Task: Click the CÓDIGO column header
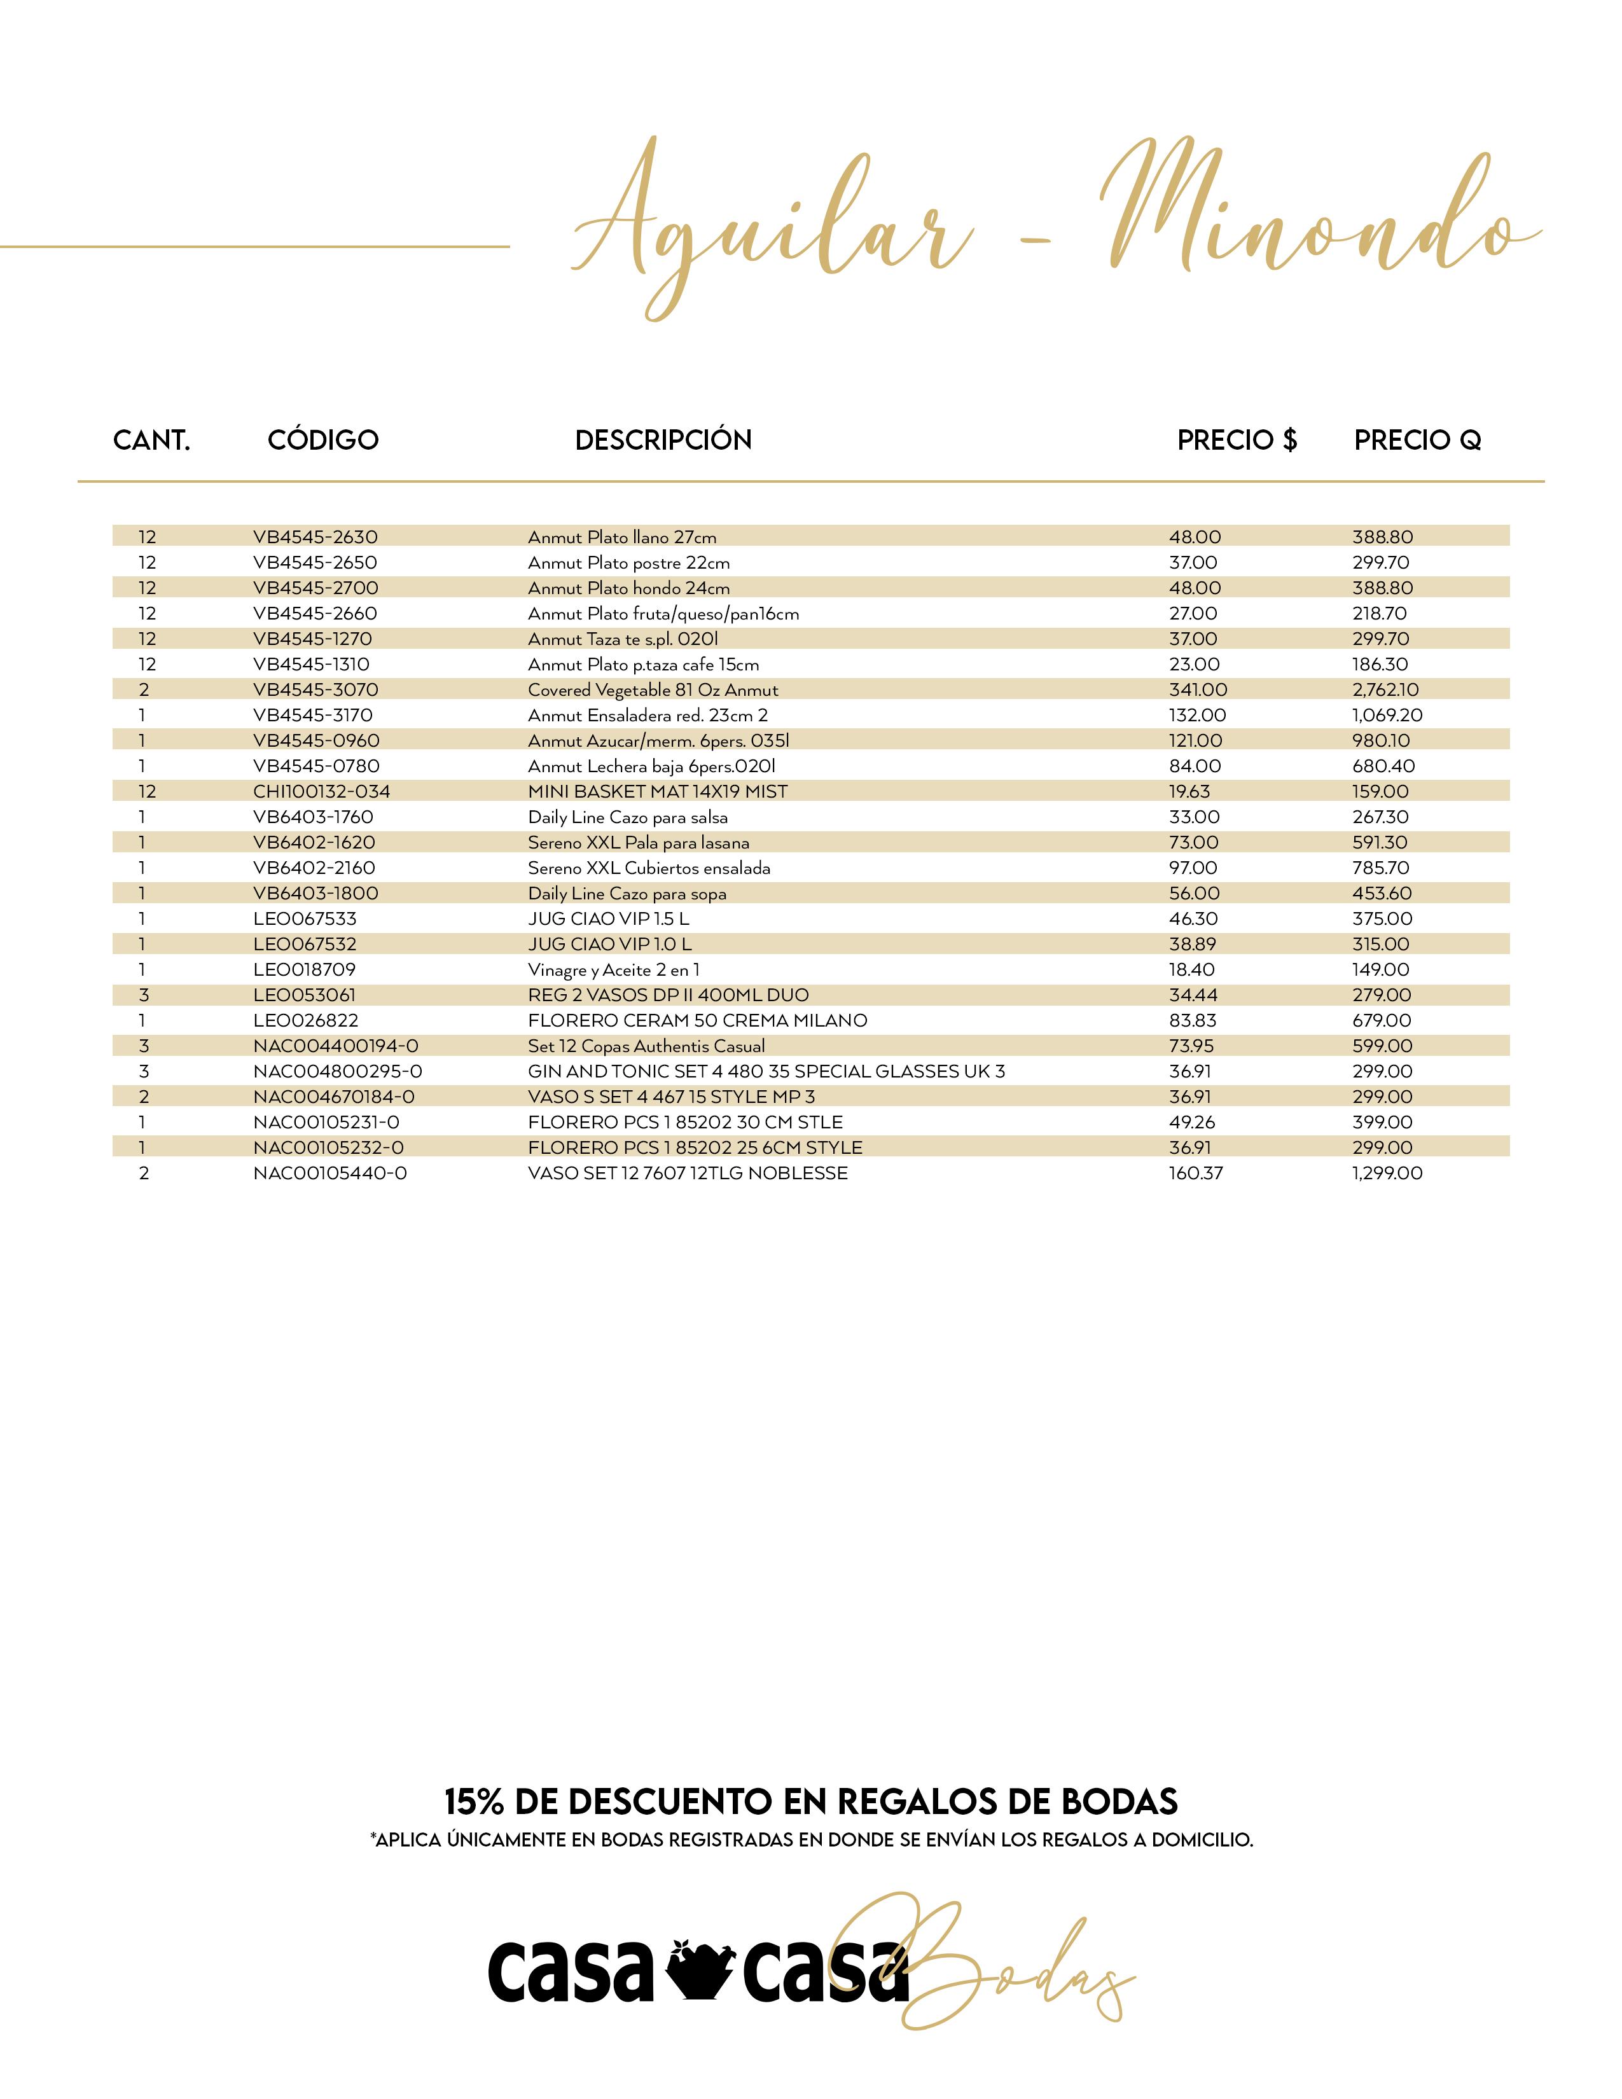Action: pos(323,440)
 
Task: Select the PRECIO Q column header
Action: pos(1417,440)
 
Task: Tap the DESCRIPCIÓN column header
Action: pos(663,440)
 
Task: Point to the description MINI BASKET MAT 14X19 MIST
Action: pos(657,792)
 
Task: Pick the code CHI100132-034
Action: pos(321,792)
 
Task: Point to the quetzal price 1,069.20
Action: pos(1387,715)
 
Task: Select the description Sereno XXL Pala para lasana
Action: pos(638,843)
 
